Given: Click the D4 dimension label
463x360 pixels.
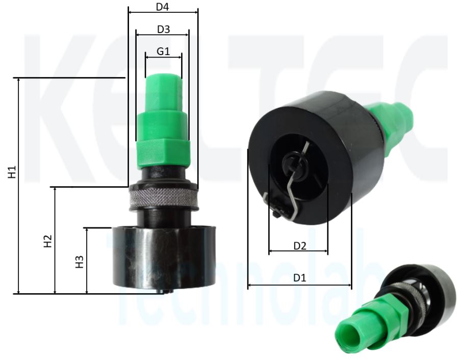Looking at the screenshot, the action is click(x=162, y=7).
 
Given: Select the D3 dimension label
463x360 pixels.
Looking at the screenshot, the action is click(x=163, y=29).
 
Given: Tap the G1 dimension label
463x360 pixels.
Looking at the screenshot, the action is click(x=163, y=52).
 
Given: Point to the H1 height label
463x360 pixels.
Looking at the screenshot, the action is click(x=12, y=172).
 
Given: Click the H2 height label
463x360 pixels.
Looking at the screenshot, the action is click(x=47, y=241).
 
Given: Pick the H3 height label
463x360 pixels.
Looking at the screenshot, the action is click(x=80, y=262).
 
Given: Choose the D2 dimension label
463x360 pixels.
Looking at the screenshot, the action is click(x=300, y=246).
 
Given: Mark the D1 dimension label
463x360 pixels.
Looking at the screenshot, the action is click(x=300, y=277).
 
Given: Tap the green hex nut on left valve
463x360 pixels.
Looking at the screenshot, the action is click(x=163, y=154).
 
